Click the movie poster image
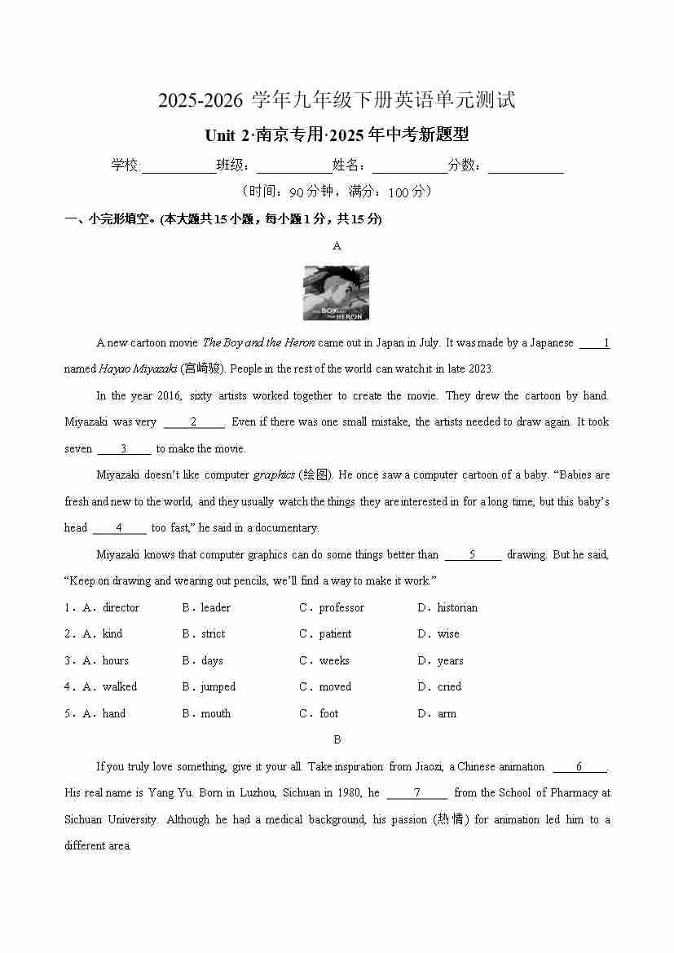[336, 293]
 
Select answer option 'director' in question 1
[121, 607]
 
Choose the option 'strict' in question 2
[213, 633]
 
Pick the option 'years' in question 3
[450, 660]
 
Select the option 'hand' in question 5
[114, 713]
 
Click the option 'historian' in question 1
[457, 607]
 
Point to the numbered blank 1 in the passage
[595, 343]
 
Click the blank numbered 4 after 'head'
[119, 528]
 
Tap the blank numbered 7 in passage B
[416, 792]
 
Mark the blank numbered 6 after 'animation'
[579, 766]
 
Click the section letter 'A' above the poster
[337, 245]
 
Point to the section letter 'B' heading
[337, 739]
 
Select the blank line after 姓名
[410, 166]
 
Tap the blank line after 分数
[526, 166]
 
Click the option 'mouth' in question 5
[215, 713]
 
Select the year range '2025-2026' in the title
[200, 100]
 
